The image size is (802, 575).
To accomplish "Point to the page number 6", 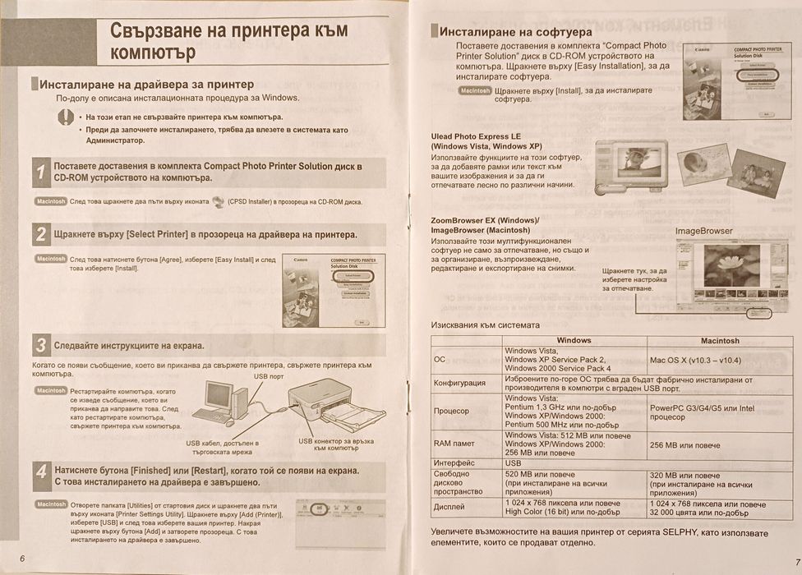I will pyautogui.click(x=22, y=559).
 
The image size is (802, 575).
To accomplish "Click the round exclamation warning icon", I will pyautogui.click(x=66, y=117).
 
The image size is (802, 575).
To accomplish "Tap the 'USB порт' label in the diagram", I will pyautogui.click(x=269, y=376).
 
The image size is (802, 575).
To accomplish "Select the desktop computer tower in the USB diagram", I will pyautogui.click(x=239, y=402).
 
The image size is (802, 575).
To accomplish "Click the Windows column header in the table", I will pyautogui.click(x=574, y=340).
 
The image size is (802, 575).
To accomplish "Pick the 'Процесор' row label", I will pyautogui.click(x=451, y=410).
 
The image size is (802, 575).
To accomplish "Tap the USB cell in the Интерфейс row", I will pyautogui.click(x=513, y=463).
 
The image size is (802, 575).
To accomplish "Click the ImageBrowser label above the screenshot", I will pyautogui.click(x=703, y=231).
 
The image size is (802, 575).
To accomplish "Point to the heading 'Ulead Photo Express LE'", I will pyautogui.click(x=476, y=136).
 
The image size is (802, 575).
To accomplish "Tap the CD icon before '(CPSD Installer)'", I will pyautogui.click(x=217, y=201).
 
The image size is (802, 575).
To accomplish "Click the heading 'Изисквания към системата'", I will pyautogui.click(x=486, y=324).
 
